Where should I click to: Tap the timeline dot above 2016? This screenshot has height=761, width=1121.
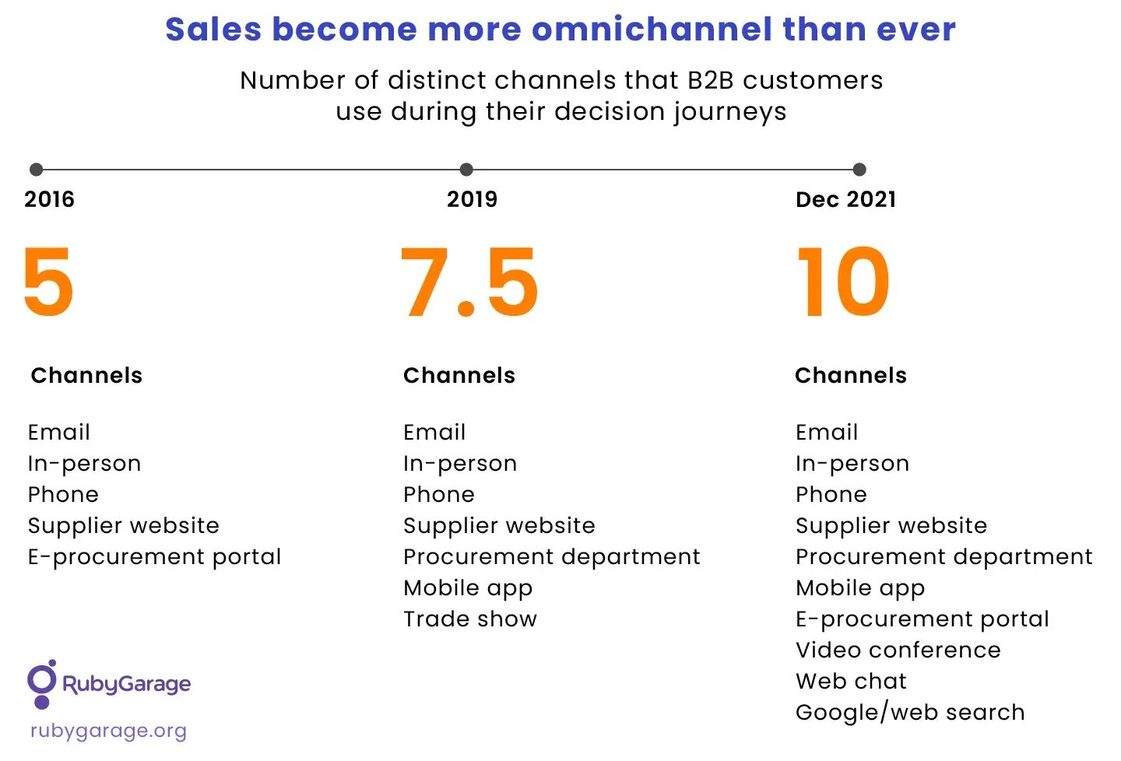(x=36, y=170)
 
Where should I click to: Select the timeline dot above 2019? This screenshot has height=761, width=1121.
(x=466, y=170)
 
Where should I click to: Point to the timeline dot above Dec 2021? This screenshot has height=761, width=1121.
(x=859, y=170)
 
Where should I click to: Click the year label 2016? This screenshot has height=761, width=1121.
(x=49, y=199)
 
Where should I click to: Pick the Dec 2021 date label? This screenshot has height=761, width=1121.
(x=845, y=199)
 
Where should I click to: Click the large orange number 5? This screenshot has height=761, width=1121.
(x=48, y=282)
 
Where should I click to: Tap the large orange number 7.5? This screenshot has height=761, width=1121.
(x=469, y=282)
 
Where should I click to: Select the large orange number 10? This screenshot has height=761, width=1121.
(x=843, y=282)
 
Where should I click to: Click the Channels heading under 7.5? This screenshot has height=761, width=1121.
(x=459, y=375)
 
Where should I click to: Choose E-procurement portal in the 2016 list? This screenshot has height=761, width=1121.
(x=154, y=557)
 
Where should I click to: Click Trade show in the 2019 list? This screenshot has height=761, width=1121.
(x=470, y=619)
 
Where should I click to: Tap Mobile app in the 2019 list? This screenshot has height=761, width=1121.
(x=468, y=588)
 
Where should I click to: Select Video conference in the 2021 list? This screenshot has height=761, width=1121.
(x=898, y=651)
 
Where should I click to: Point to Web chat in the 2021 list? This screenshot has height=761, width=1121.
(x=851, y=682)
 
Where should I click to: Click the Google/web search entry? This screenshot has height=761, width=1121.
(x=910, y=713)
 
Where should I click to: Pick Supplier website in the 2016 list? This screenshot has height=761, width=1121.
(x=123, y=526)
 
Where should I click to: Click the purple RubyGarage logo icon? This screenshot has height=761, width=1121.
(x=42, y=683)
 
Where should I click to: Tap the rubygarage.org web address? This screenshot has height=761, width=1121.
(x=108, y=731)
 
